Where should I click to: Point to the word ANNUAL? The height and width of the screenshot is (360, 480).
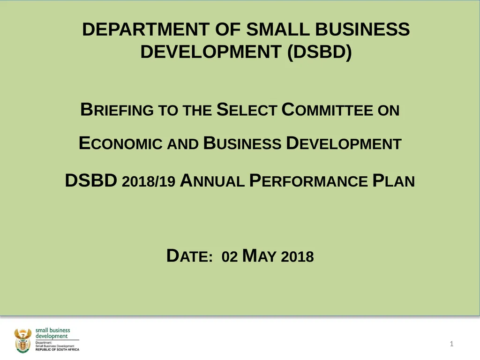[x=212, y=180]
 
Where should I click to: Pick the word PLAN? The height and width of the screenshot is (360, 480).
[x=394, y=180]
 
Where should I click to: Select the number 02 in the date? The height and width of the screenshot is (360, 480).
[x=230, y=257]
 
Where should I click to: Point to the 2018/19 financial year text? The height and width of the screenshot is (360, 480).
[x=148, y=181]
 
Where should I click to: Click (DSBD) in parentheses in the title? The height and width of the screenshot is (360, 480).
[x=319, y=52]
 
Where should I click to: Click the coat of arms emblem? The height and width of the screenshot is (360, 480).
[x=22, y=340]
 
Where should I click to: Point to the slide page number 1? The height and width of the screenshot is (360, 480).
[x=451, y=345]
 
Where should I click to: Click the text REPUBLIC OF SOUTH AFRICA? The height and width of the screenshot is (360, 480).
[x=58, y=350]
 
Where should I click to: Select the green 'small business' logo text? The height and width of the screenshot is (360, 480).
[x=53, y=330]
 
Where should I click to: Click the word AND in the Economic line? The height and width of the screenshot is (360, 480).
[x=183, y=144]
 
